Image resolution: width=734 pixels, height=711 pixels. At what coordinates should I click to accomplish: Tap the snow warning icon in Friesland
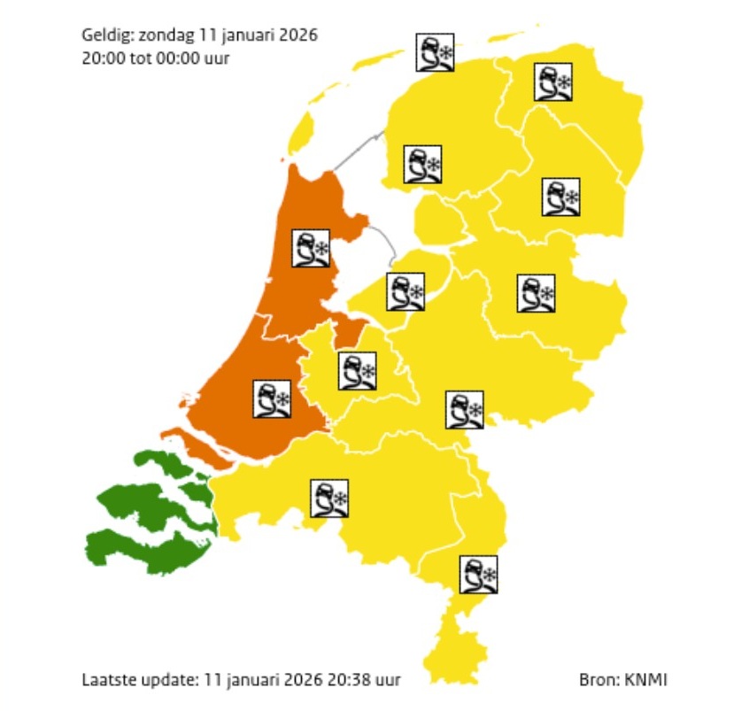(x=421, y=164)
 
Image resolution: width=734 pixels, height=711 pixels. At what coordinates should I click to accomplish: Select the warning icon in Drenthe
(x=560, y=197)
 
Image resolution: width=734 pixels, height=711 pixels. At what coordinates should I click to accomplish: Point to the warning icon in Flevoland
(x=406, y=290)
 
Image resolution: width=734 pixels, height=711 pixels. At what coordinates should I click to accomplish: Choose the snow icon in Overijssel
(x=536, y=293)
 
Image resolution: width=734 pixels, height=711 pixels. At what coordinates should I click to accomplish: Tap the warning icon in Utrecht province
(x=357, y=371)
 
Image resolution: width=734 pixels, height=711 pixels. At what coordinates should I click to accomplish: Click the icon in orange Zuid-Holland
(x=273, y=398)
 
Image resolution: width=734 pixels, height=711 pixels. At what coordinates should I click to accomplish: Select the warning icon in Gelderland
(x=464, y=409)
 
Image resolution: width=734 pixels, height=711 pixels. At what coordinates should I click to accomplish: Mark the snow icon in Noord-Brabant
(x=328, y=499)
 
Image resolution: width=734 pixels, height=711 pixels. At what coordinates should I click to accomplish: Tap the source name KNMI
(x=645, y=680)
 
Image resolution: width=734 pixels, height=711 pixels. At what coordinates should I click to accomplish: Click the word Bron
(x=597, y=680)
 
